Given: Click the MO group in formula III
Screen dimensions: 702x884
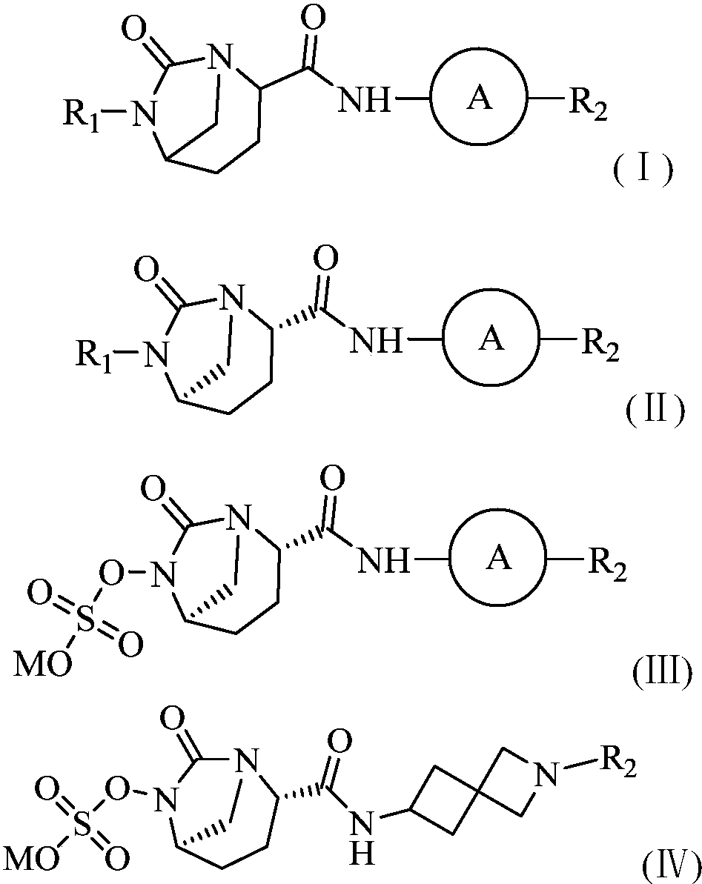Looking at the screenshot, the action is [43, 665].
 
